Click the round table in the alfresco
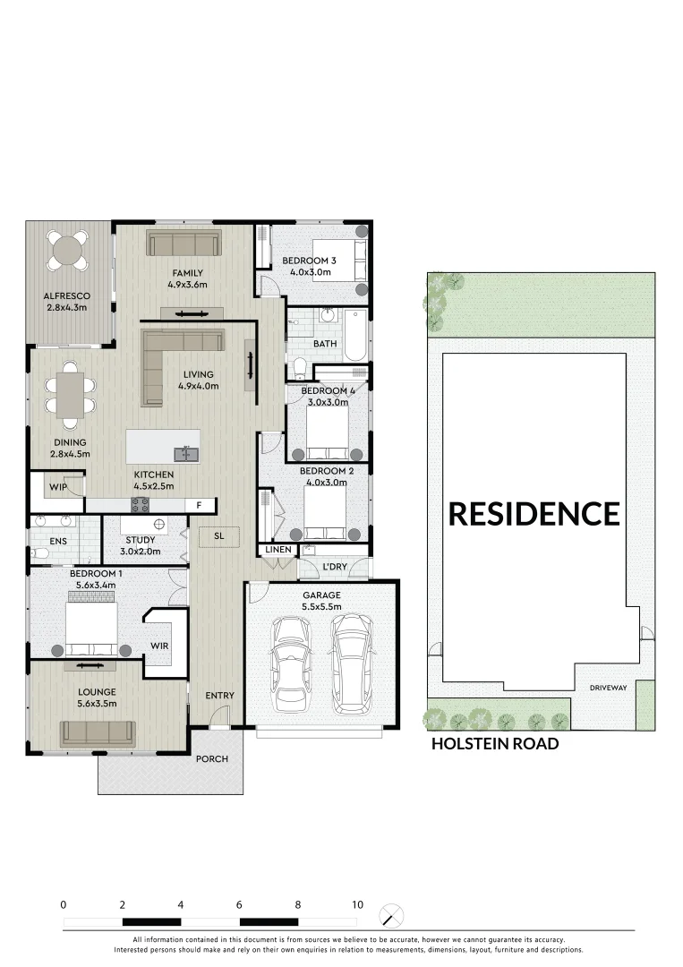pos(68,250)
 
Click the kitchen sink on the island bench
pos(187,454)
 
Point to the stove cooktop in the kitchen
pos(141,505)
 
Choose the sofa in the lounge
pos(98,733)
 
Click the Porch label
pos(212,759)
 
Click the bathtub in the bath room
pos(355,334)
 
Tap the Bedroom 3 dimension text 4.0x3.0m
pos(309,272)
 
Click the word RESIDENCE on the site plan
pos(534,514)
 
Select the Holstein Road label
pos(495,744)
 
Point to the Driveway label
pos(608,688)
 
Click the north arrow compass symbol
pos(392,916)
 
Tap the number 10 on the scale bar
pos(357,905)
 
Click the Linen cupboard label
pos(276,549)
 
